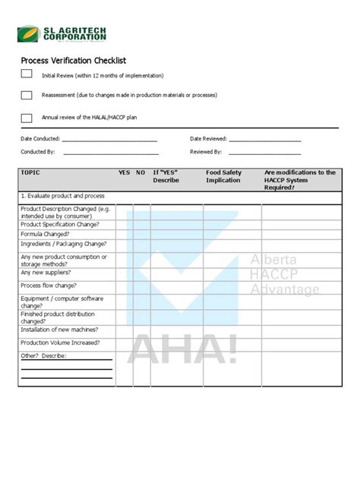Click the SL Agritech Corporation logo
coord(62,34)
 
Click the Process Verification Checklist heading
coord(73,60)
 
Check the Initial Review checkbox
coord(27,74)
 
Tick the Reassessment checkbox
coord(27,95)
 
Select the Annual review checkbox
coord(27,118)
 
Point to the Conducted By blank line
coord(110,153)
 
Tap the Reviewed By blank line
coord(265,153)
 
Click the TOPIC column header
coord(31,173)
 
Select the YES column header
coord(124,173)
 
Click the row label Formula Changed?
coord(46,234)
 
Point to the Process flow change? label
coord(49,286)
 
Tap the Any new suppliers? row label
coord(46,272)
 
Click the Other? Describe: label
coord(44,355)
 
